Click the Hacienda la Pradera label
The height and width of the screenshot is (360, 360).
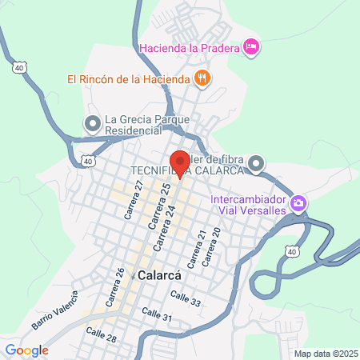coord(190,48)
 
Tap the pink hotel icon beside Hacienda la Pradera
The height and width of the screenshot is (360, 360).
coord(251,48)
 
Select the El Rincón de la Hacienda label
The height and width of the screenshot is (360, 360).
coord(128,78)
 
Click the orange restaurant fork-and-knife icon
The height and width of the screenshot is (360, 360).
coord(202,78)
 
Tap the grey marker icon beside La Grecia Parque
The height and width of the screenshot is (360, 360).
coord(92,123)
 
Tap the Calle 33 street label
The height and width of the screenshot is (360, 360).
coord(183,297)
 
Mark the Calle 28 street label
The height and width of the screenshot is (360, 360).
coord(101,334)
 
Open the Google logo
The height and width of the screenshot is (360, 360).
coord(26,350)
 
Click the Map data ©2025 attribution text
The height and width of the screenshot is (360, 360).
coord(323,353)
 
